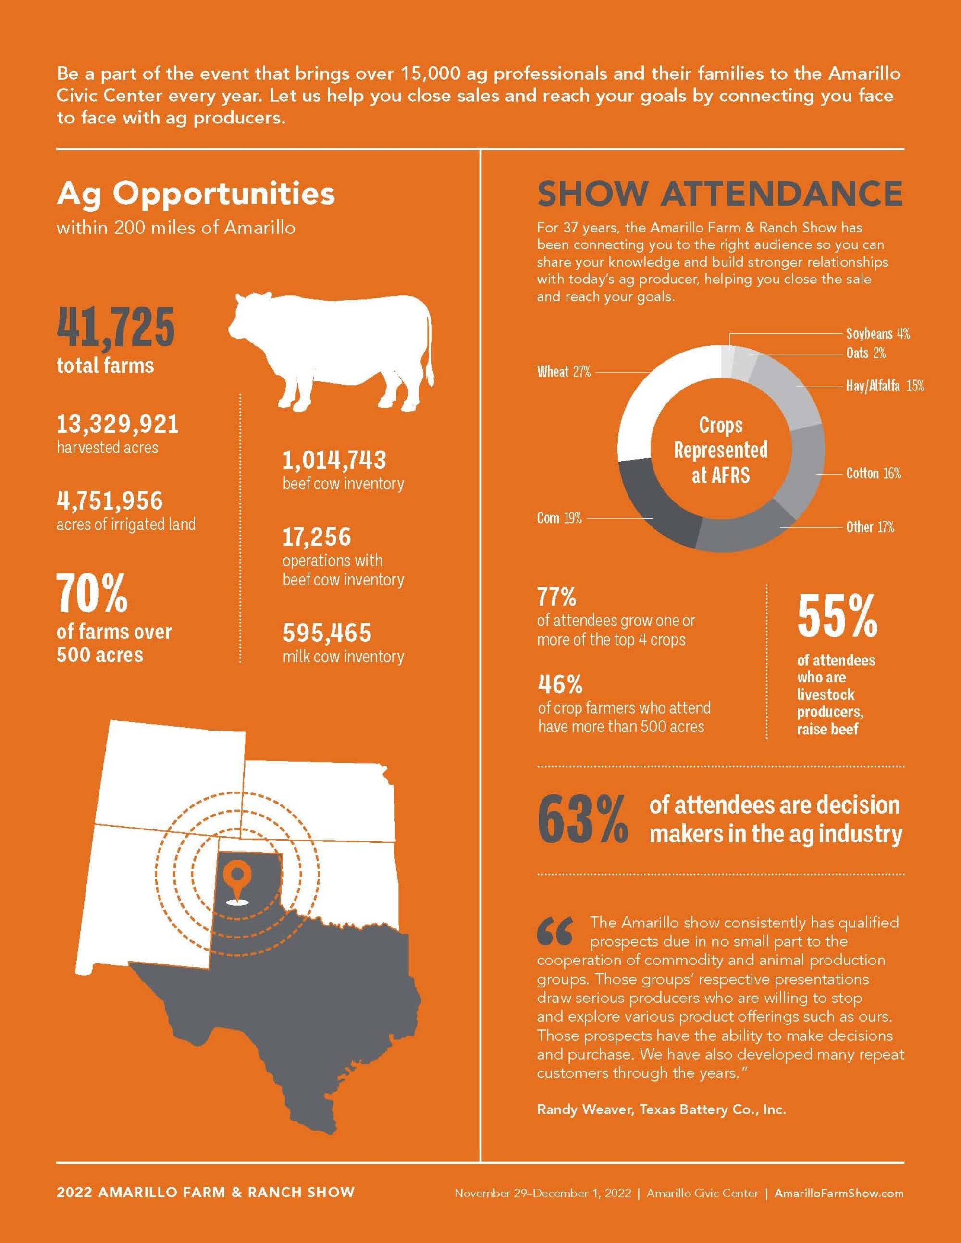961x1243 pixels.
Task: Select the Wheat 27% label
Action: pos(564,372)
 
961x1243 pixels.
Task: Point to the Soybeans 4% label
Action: pos(877,334)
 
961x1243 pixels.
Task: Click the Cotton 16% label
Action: pos(873,474)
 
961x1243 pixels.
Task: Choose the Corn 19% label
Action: pos(559,518)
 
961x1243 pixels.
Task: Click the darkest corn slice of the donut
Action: pos(655,501)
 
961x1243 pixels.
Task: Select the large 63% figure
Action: pos(582,821)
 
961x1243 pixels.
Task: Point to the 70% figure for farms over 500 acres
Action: pos(92,594)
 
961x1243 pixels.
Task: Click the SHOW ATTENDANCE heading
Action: pos(720,194)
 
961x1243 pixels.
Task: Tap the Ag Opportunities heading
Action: pos(195,194)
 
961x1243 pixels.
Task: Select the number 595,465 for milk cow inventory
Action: pos(327,633)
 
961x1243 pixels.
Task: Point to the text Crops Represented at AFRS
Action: pos(720,450)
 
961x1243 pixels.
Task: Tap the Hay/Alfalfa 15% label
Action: pos(884,387)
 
